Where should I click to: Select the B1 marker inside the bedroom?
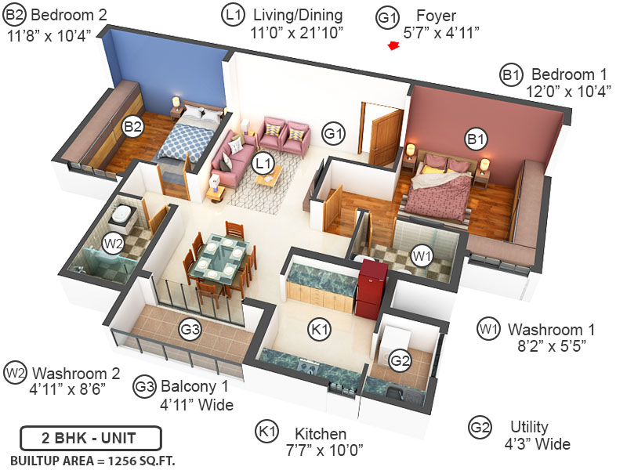point(475,139)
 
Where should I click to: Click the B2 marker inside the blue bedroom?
point(132,125)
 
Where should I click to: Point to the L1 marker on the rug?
point(263,164)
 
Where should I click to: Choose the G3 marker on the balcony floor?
point(189,330)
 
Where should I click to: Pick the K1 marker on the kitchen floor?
point(319,330)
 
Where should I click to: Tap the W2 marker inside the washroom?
point(114,243)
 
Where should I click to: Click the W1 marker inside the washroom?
point(422,255)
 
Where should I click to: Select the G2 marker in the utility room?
point(400,361)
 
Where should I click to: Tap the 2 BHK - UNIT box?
point(91,437)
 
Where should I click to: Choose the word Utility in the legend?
point(529,427)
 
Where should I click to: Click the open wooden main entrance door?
point(386,137)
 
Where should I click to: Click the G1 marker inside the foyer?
point(334,134)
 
